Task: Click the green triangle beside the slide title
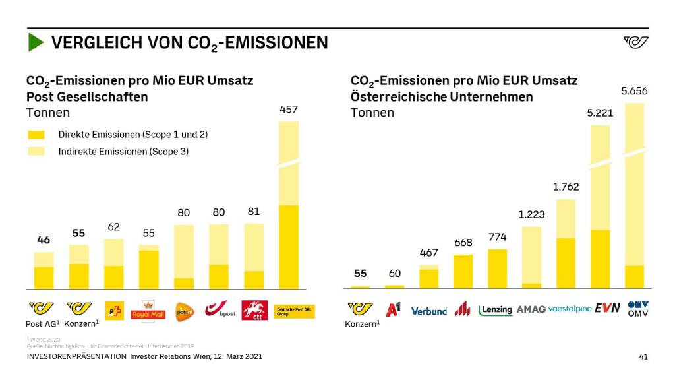[35, 43]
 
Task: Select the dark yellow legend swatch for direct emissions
[36, 135]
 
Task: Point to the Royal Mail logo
[148, 310]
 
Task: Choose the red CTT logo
[254, 310]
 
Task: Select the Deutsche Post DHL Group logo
[294, 311]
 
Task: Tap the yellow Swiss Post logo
[114, 310]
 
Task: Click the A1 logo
[393, 309]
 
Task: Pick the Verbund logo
[428, 311]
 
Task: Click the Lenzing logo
[496, 310]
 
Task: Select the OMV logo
[638, 308]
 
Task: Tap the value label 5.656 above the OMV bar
[634, 92]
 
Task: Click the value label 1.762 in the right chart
[566, 187]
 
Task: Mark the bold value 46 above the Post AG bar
[44, 240]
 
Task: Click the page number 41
[643, 357]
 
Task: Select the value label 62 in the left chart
[113, 227]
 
